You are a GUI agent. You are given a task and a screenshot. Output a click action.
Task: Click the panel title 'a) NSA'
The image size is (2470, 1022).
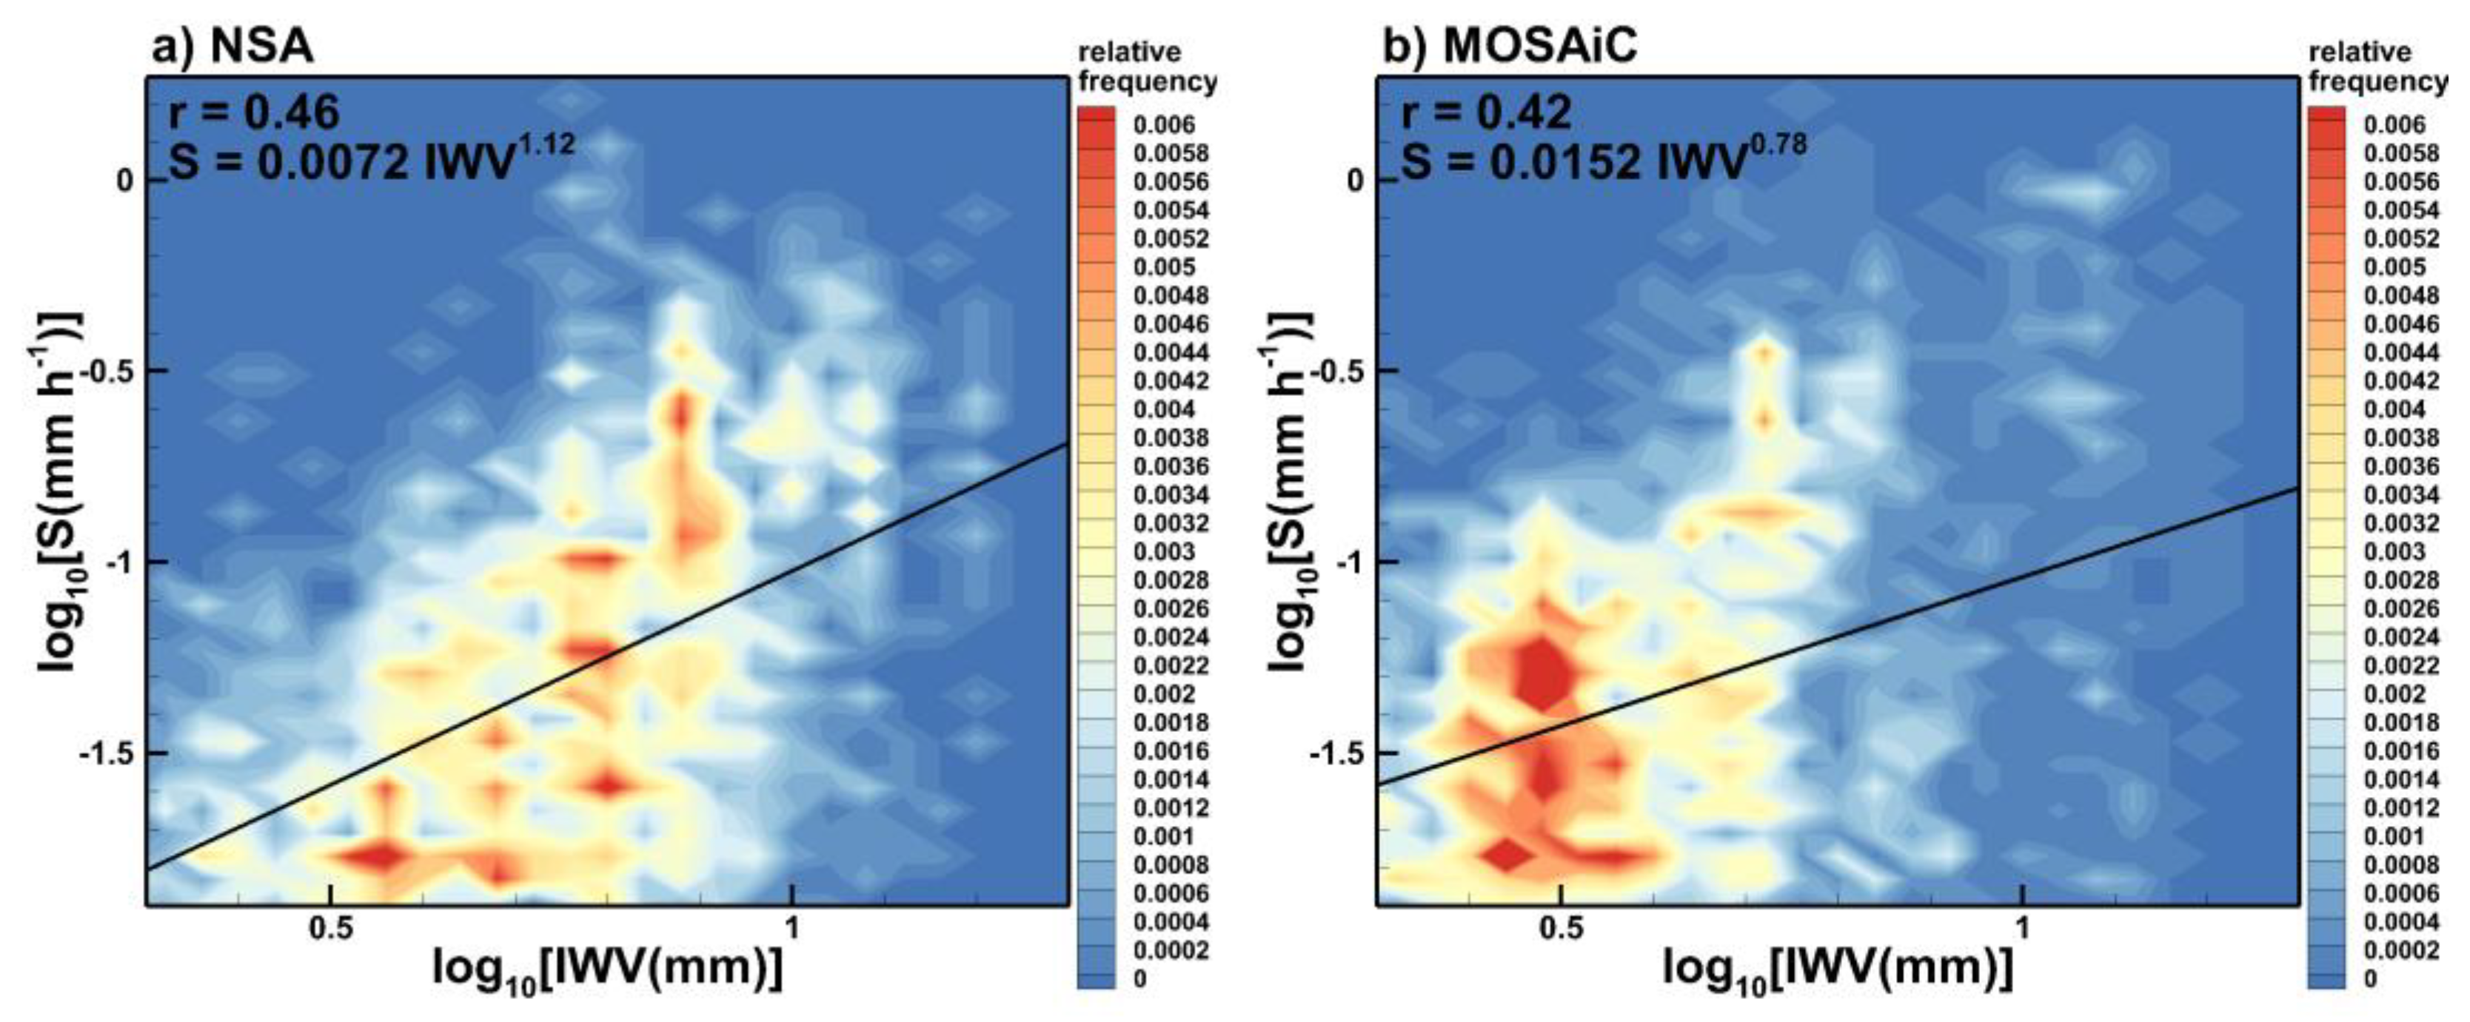click(x=233, y=46)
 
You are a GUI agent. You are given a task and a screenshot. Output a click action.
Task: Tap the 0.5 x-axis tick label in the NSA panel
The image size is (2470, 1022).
click(x=329, y=931)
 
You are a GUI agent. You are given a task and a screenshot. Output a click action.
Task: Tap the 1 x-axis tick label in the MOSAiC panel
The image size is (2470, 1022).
click(x=2021, y=931)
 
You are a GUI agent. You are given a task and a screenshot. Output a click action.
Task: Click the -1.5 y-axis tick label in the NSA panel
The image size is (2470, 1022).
click(x=107, y=753)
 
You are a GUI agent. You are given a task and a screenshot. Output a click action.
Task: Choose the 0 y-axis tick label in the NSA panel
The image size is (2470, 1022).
click(x=124, y=181)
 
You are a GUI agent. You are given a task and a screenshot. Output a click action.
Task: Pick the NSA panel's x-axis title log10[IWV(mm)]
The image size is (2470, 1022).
click(x=608, y=970)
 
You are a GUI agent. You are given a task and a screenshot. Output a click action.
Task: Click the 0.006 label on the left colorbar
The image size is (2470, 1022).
click(x=1163, y=124)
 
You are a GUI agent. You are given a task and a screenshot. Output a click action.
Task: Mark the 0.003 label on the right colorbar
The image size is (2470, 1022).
click(x=2394, y=552)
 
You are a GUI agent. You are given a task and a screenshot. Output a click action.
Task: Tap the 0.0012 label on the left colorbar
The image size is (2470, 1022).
click(x=1171, y=808)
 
